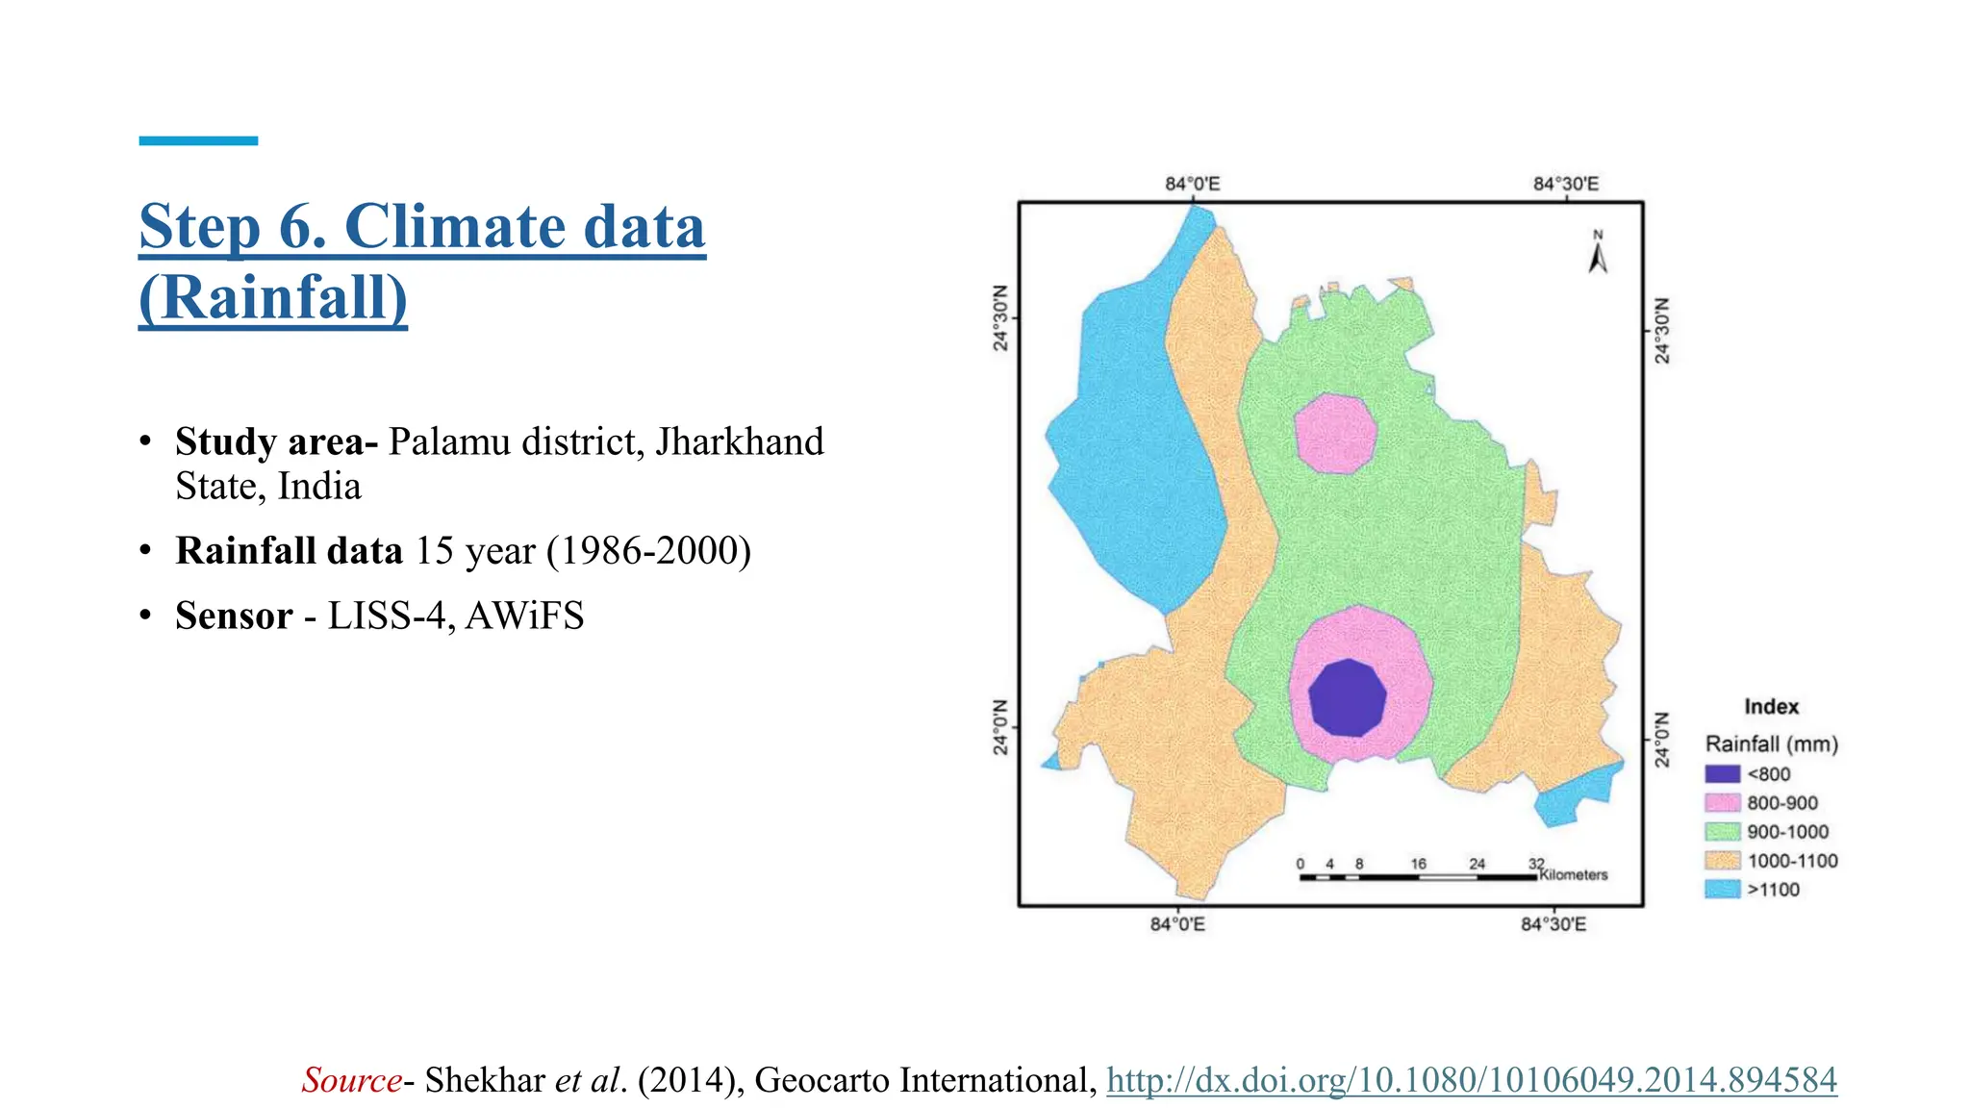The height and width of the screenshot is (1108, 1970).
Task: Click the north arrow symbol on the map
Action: pos(1598,255)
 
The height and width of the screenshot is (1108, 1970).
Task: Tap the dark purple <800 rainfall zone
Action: pos(1348,698)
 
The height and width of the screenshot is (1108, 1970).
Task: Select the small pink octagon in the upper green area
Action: pos(1335,433)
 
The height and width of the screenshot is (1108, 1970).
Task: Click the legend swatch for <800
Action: pos(1722,774)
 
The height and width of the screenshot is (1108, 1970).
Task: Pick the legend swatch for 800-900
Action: pos(1722,803)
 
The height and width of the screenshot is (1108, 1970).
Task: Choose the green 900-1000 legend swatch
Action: pos(1722,832)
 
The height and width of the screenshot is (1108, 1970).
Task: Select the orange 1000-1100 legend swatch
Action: pos(1722,861)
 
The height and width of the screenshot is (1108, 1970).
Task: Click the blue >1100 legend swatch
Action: pos(1722,890)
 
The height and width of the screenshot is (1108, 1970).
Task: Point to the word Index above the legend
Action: pos(1771,707)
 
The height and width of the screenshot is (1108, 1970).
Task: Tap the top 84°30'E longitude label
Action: pos(1566,184)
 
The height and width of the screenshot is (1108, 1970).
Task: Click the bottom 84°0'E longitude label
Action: pos(1177,924)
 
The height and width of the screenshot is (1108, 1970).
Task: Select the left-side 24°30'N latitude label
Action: pos(1001,317)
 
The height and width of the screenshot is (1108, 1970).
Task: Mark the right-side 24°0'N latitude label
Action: pos(1662,741)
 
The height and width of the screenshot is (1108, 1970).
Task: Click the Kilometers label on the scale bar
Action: pos(1574,875)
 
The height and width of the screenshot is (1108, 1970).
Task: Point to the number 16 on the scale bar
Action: pos(1419,864)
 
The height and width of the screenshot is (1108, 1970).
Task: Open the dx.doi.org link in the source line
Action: pos(1472,1080)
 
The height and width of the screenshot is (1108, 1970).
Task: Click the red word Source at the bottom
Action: pos(352,1080)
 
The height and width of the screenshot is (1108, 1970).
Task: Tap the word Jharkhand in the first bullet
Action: pos(740,441)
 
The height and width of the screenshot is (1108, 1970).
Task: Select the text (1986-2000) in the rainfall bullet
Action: pos(648,551)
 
